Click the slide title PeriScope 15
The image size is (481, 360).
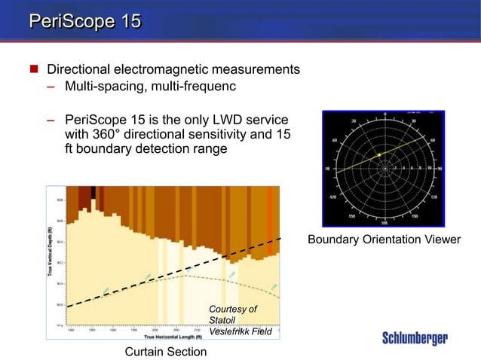point(84,20)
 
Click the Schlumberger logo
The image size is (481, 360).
point(415,338)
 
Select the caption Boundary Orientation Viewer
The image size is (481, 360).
point(384,239)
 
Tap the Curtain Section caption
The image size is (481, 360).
point(165,352)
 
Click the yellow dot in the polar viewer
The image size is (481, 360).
point(380,154)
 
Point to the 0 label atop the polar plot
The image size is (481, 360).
point(384,114)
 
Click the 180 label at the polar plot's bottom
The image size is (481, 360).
point(384,223)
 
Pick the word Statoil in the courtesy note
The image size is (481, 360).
point(222,320)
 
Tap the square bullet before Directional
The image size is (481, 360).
point(34,69)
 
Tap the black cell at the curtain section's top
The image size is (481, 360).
point(93,192)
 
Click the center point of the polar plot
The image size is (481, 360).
point(384,169)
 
